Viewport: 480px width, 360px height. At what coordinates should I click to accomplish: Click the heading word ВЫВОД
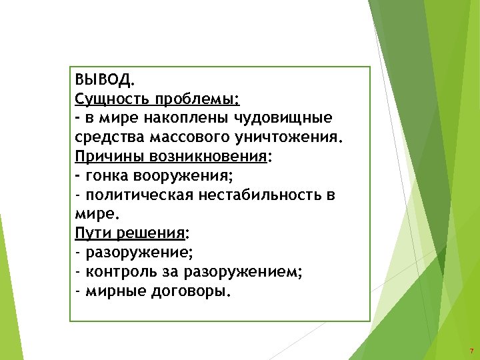pyautogui.click(x=104, y=81)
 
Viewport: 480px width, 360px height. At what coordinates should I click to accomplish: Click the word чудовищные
pyautogui.click(x=284, y=119)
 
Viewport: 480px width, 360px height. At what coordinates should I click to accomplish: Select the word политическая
pyautogui.click(x=137, y=196)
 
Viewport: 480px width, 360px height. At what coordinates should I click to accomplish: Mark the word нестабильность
pyautogui.click(x=258, y=196)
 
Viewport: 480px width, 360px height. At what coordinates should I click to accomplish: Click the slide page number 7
pyautogui.click(x=471, y=351)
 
